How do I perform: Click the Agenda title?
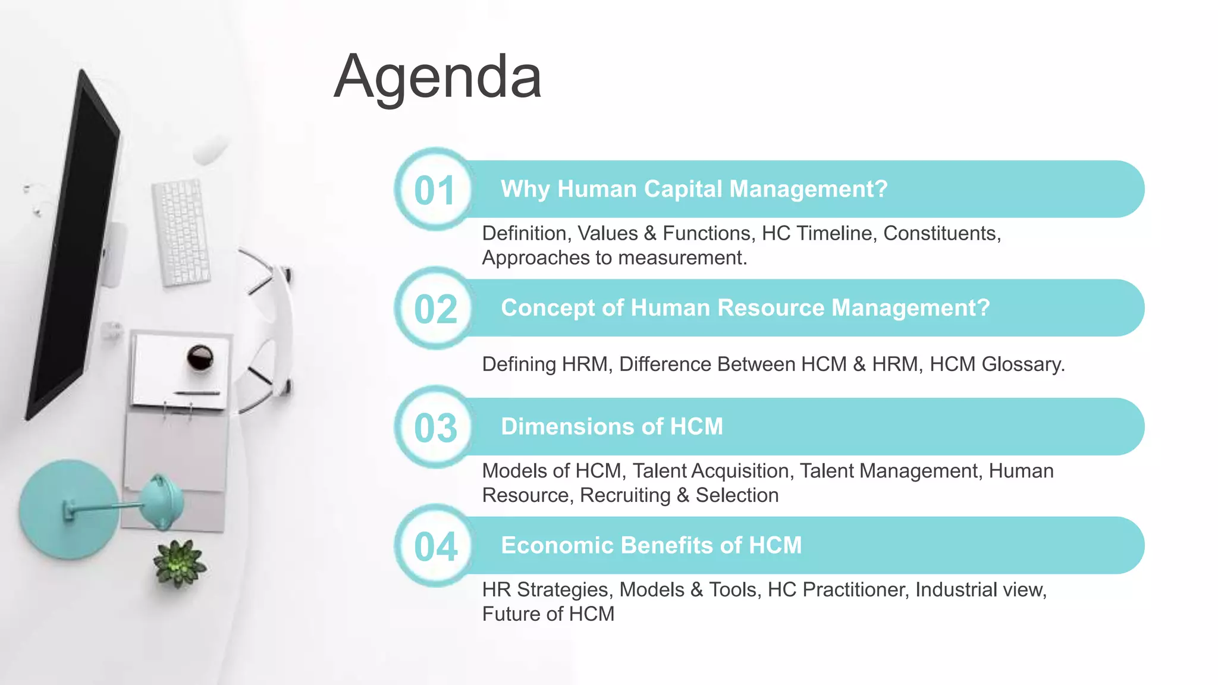438,77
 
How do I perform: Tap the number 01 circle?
435,190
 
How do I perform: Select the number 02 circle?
435,309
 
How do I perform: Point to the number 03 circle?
435,428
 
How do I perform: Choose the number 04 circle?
435,546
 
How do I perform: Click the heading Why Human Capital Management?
693,189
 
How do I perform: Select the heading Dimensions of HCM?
611,426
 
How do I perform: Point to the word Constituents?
941,233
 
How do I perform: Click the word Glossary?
1022,364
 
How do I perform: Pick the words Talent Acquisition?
712,471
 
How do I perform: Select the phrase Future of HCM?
548,614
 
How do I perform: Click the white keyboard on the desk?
181,232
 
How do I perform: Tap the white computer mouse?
211,149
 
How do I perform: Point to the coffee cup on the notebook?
200,358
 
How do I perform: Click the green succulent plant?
179,563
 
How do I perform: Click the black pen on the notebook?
197,393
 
